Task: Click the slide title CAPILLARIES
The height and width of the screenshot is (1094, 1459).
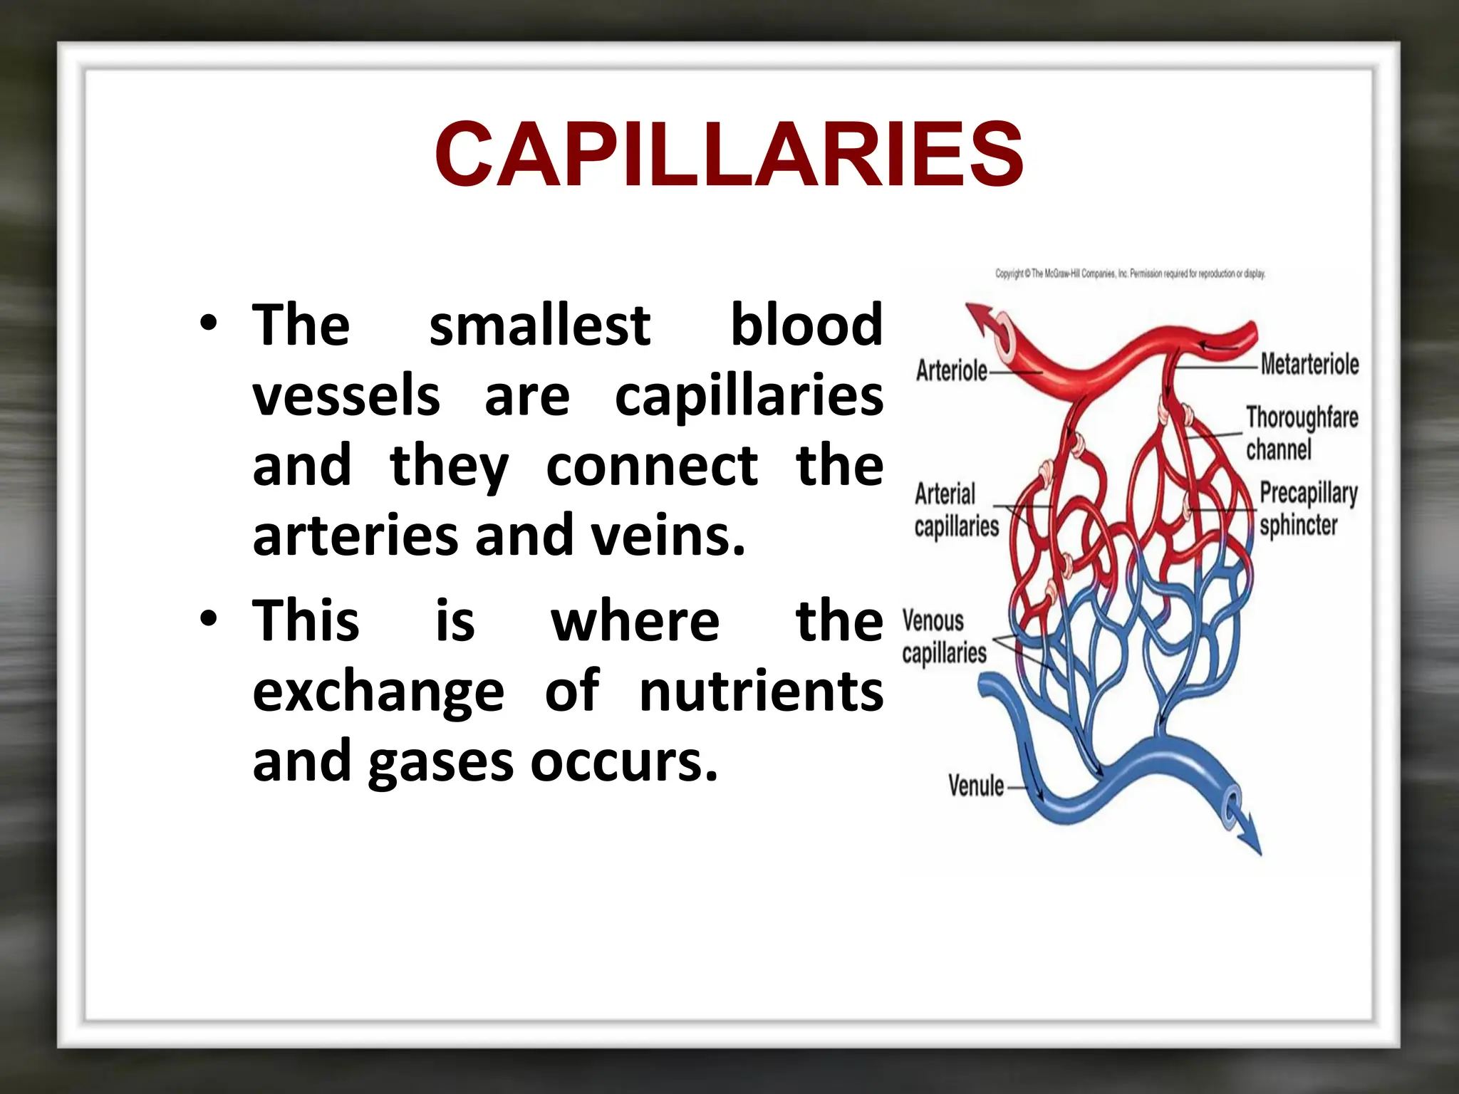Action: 729,155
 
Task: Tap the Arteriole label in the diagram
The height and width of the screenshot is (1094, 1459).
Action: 951,370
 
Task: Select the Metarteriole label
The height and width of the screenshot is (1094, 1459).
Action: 1309,364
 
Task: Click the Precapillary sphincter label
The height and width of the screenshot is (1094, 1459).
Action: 1308,509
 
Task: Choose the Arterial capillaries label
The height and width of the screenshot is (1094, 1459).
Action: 956,510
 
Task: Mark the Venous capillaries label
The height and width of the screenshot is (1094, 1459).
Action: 944,637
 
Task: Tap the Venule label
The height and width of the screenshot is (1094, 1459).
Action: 976,786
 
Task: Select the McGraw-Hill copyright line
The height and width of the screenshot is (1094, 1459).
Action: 1130,273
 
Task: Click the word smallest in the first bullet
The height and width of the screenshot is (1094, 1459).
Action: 539,325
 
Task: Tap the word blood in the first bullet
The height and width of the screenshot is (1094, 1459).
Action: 806,325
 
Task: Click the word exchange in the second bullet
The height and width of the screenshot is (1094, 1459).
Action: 378,692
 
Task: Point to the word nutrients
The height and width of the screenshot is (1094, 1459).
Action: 761,692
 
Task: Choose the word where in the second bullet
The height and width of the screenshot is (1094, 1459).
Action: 635,621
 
